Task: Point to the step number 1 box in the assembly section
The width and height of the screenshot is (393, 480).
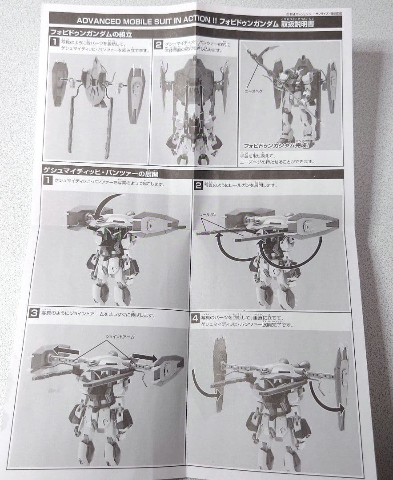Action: (54, 43)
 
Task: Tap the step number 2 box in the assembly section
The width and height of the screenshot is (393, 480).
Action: (158, 45)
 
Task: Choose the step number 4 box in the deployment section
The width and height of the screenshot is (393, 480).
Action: (194, 318)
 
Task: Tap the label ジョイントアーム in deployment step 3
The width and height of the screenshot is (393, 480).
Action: (118, 337)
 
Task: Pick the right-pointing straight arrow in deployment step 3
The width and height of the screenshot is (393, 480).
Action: (144, 357)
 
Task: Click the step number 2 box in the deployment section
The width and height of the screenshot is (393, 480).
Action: (199, 185)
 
